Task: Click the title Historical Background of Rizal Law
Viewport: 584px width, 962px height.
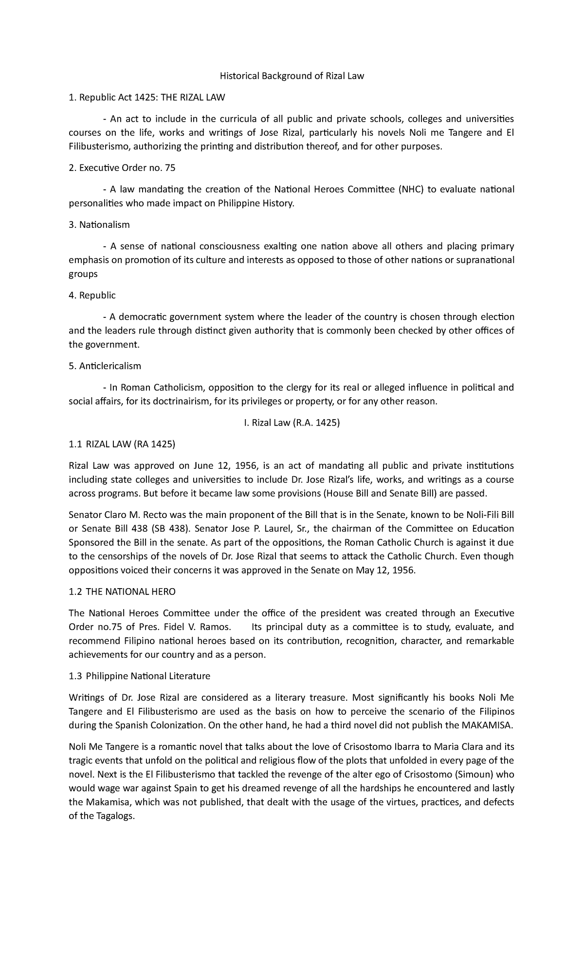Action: click(x=292, y=76)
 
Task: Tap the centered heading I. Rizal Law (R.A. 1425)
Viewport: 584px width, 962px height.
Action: click(x=292, y=423)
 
